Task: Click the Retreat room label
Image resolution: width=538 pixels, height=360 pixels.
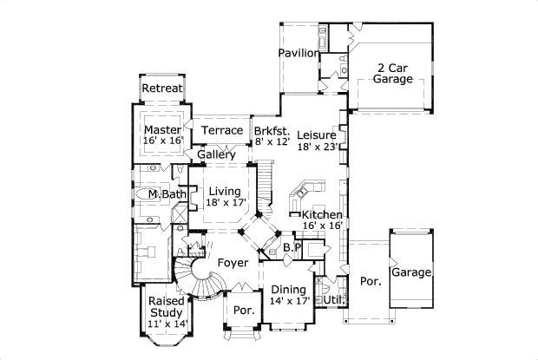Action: pos(162,88)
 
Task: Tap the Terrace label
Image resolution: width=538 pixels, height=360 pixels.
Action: pos(221,130)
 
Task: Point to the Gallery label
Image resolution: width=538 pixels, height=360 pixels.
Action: pos(216,154)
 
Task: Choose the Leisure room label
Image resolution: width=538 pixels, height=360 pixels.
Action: pos(317,134)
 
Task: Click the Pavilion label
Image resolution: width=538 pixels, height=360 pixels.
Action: pos(298,53)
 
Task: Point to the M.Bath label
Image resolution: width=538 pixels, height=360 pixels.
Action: pos(166,194)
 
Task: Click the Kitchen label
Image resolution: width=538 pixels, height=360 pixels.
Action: pos(321,213)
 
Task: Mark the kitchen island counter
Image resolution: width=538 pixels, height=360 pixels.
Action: pos(309,190)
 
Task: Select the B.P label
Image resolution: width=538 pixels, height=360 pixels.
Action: pos(292,247)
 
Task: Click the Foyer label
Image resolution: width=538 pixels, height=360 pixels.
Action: pos(233,262)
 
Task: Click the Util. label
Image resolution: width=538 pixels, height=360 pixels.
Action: pos(333,299)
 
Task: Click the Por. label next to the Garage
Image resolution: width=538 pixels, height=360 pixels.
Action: pos(371,282)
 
